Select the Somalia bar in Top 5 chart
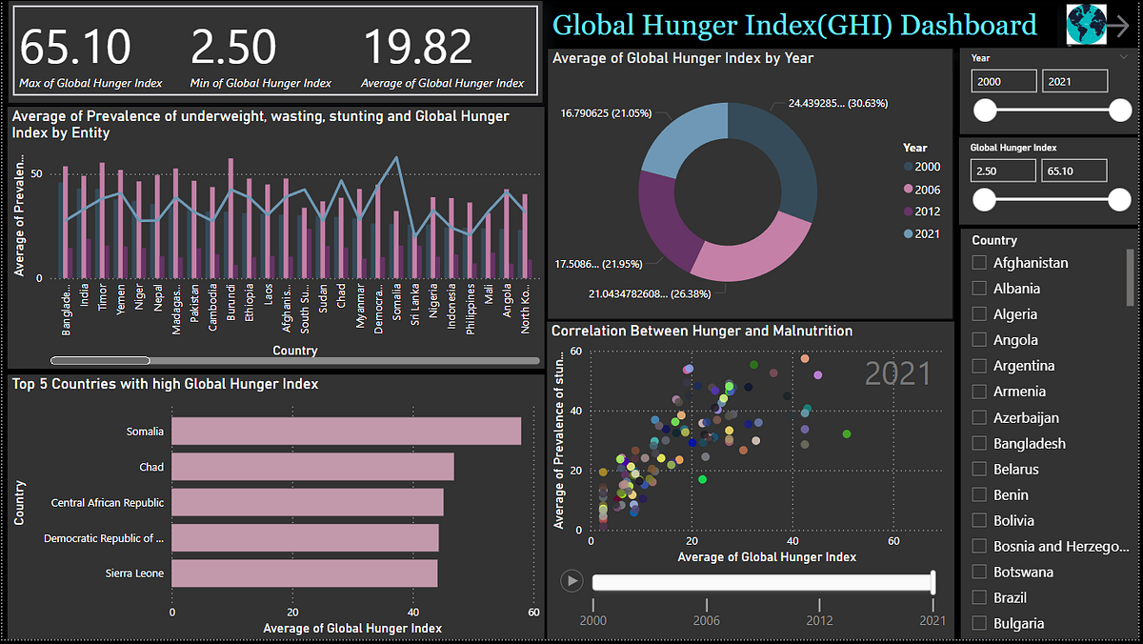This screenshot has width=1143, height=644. tap(346, 432)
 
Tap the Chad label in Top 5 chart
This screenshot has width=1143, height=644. tap(151, 467)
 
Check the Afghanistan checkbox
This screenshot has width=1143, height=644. tap(978, 263)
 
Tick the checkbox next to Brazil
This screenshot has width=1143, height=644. tap(978, 598)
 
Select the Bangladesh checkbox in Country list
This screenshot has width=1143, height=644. tap(978, 444)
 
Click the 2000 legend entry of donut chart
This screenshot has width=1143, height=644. tap(921, 168)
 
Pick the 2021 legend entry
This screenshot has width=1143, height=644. tap(921, 234)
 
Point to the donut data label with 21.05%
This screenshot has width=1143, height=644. tap(606, 113)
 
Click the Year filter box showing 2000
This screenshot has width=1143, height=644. tap(1004, 82)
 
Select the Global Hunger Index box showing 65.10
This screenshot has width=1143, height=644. tap(1074, 171)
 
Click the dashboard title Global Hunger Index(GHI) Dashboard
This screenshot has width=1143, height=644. tap(794, 25)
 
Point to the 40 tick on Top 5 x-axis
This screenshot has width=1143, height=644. tap(412, 613)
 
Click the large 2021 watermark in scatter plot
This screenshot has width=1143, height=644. tap(897, 373)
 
